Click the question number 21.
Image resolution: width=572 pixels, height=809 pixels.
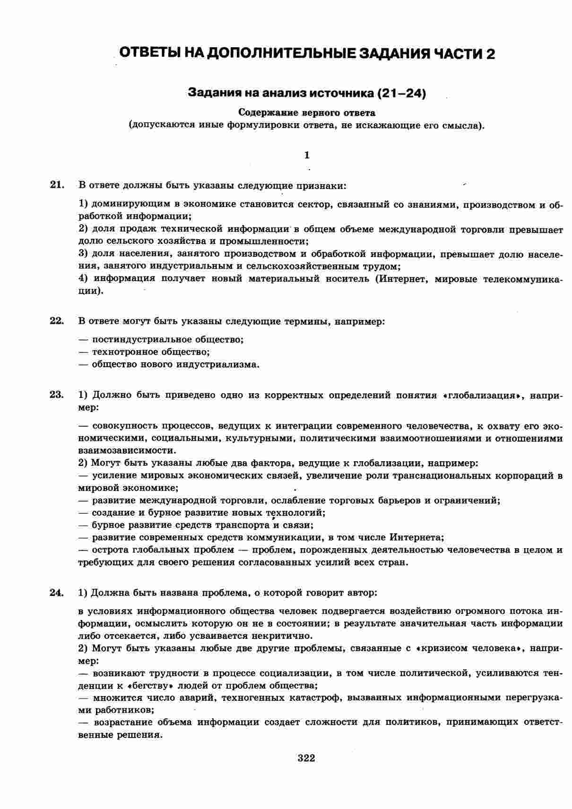(x=57, y=185)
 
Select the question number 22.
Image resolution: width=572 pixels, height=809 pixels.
(x=57, y=321)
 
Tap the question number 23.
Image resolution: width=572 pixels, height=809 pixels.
(x=57, y=395)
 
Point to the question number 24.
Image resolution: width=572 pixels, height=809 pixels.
(x=57, y=592)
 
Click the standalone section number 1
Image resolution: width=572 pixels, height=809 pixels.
(x=307, y=155)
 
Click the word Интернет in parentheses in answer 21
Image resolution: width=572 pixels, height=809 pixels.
(x=401, y=278)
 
